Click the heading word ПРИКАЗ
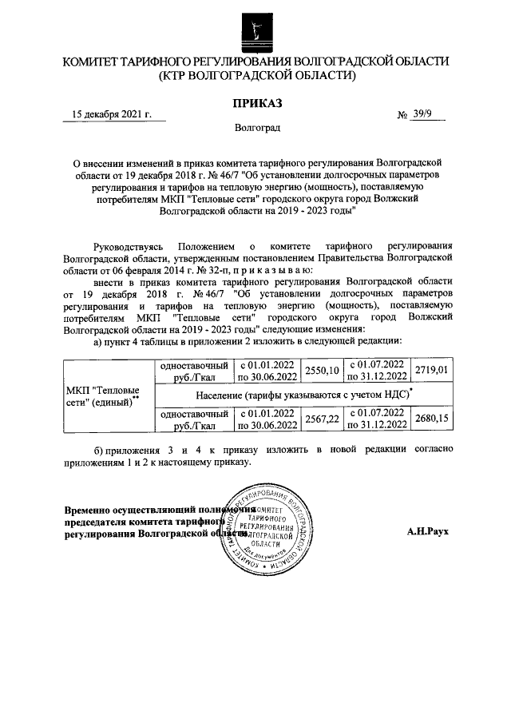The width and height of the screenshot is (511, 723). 256,103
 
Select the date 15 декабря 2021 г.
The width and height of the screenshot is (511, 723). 112,114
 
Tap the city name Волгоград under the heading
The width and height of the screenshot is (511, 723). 256,128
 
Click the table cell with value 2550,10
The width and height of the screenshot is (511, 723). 321,372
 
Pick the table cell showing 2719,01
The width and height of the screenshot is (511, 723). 431,372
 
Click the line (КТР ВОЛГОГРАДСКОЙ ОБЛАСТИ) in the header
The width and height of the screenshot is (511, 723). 256,77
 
